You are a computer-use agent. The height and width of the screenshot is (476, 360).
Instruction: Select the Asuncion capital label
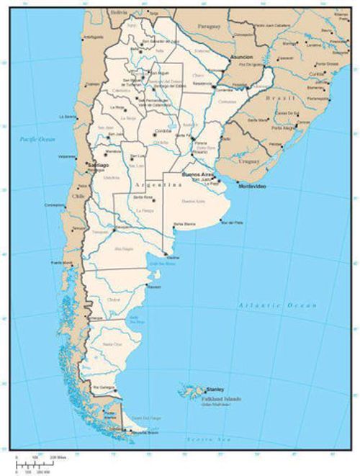(x=241, y=56)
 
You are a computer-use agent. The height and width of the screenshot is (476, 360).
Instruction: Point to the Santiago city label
(x=98, y=165)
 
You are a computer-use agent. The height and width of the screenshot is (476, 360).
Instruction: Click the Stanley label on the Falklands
(x=215, y=390)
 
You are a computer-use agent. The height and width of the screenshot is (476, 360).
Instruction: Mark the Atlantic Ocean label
(x=277, y=306)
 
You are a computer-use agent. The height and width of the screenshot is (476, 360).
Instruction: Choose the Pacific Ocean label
(x=37, y=138)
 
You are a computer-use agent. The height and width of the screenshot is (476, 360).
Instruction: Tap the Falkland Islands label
(x=222, y=399)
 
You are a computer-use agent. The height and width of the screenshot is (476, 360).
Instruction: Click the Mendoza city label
(x=112, y=151)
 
